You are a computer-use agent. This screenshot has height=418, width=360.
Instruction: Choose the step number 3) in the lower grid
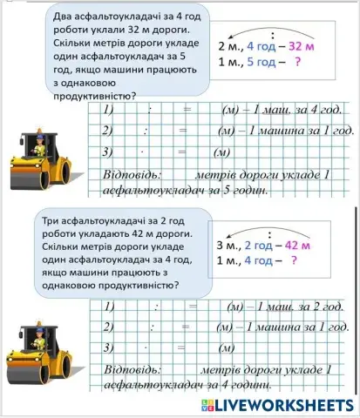pos(109,348)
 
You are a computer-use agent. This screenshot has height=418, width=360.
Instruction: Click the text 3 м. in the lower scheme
pos(228,245)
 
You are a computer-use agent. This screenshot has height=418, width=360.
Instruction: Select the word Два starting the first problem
pos(54,17)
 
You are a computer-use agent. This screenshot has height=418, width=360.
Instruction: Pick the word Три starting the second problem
pos(54,223)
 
